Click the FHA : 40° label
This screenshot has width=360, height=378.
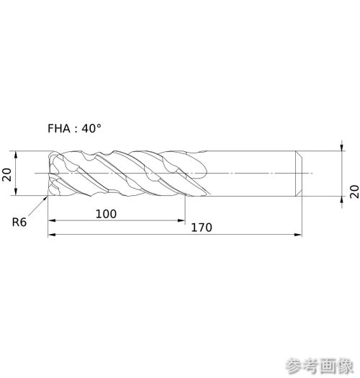pos(74,128)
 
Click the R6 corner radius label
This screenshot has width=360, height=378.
pos(19,222)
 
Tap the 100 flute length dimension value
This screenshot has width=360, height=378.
pos(106,214)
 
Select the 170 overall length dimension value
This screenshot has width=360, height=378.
pos(202,228)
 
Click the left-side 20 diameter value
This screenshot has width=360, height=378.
pos(6,174)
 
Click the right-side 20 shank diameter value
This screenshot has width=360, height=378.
pos(354,192)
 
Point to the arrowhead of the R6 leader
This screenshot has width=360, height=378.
pos(45,199)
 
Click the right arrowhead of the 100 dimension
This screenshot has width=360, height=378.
pos(181,220)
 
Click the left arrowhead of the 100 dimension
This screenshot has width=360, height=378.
pos(52,220)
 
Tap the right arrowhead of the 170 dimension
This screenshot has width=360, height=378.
pos(298,235)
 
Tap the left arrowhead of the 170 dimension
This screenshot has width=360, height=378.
pos(52,235)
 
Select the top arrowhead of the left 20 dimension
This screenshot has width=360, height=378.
pos(16,155)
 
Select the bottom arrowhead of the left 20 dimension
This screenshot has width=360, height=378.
pos(16,192)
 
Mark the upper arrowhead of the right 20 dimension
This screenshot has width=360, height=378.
pos(342,148)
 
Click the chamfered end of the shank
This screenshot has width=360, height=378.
pos(299,174)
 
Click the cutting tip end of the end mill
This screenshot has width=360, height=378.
pos(50,174)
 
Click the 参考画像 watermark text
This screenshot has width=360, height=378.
pos(320,366)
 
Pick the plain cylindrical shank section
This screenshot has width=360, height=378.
pos(251,174)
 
